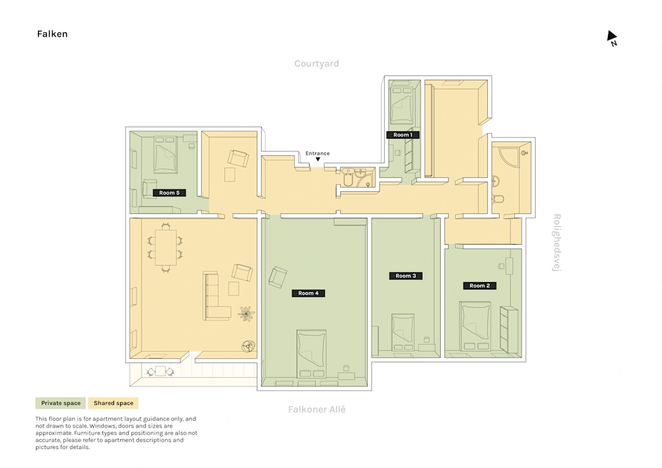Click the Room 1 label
click(403, 135)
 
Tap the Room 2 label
click(479, 286)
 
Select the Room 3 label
click(406, 276)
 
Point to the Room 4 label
click(308, 293)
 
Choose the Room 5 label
click(169, 193)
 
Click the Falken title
click(52, 34)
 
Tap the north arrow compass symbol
click(612, 38)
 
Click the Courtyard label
click(317, 63)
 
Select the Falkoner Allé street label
click(317, 409)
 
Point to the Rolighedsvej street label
click(557, 243)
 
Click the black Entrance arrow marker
click(318, 159)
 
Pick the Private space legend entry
click(61, 403)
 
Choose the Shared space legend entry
click(113, 403)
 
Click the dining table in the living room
click(165, 247)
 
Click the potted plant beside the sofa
click(246, 314)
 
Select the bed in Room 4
click(311, 354)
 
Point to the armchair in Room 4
click(278, 277)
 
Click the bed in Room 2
click(476, 326)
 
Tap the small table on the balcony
click(161, 371)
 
